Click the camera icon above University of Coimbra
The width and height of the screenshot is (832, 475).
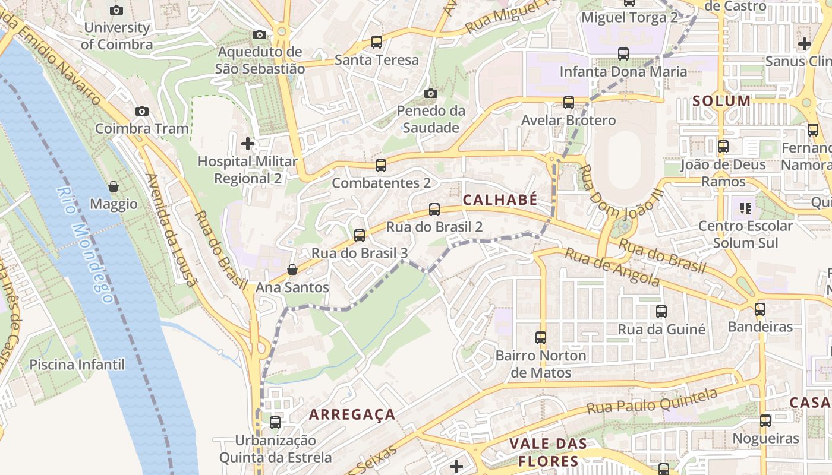click(x=116, y=10)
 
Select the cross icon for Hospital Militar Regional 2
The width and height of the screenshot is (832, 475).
click(x=248, y=144)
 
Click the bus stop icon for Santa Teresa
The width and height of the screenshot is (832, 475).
click(x=376, y=42)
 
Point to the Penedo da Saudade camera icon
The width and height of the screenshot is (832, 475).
click(x=431, y=93)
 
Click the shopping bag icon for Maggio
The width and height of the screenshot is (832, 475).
click(x=114, y=187)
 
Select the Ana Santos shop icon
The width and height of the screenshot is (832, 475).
click(x=292, y=270)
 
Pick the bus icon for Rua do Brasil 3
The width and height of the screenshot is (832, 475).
click(x=360, y=236)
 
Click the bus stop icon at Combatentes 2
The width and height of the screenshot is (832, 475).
click(x=381, y=166)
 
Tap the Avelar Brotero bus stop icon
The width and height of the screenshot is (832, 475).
click(x=568, y=103)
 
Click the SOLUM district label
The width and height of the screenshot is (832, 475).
click(x=721, y=101)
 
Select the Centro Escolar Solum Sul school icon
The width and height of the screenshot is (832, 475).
click(x=745, y=208)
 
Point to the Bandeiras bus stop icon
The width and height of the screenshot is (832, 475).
click(x=759, y=309)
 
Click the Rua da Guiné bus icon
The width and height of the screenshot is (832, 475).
click(x=661, y=312)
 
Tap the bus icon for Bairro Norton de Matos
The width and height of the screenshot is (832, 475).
click(x=540, y=338)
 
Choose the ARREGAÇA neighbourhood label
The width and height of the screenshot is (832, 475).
click(x=352, y=414)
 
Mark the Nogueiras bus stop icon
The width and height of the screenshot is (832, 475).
click(x=765, y=421)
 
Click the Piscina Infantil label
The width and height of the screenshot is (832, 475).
click(x=77, y=365)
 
